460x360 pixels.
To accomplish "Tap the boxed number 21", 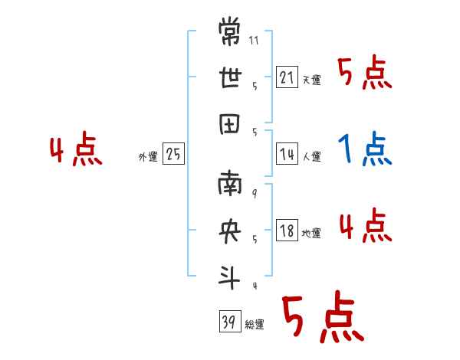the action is click(287, 77).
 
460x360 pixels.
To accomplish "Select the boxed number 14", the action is click(287, 154).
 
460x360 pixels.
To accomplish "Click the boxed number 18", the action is click(287, 231).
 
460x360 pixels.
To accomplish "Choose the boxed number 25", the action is click(173, 154).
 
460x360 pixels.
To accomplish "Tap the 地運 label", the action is click(311, 234).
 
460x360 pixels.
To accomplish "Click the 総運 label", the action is click(255, 325).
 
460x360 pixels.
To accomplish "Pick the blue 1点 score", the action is click(365, 150).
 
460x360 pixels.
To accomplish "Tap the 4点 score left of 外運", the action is click(77, 150).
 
